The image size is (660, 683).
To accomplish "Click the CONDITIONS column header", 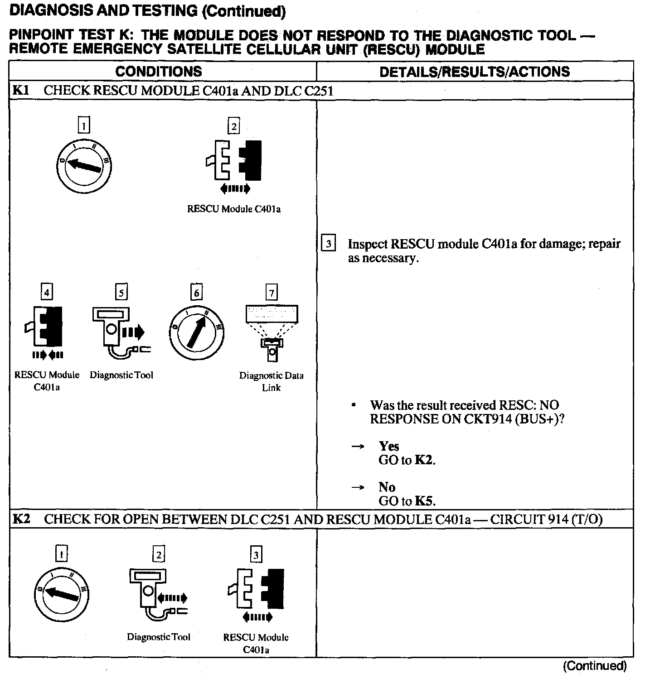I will [x=158, y=72].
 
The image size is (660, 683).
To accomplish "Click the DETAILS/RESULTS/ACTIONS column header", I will [x=475, y=72].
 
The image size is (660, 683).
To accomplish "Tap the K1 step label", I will [x=20, y=91].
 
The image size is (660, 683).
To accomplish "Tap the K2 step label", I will [x=21, y=519].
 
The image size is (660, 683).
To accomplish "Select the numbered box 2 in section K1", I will [x=234, y=126].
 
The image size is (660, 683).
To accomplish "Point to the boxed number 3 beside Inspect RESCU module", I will [x=328, y=244].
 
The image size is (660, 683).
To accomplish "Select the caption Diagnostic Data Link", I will [x=271, y=381].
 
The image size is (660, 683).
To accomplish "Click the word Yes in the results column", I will [x=388, y=446].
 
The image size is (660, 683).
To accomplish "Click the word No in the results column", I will [x=387, y=487].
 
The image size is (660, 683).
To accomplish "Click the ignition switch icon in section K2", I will [x=62, y=593].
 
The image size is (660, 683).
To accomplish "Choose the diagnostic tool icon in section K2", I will [x=154, y=593].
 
